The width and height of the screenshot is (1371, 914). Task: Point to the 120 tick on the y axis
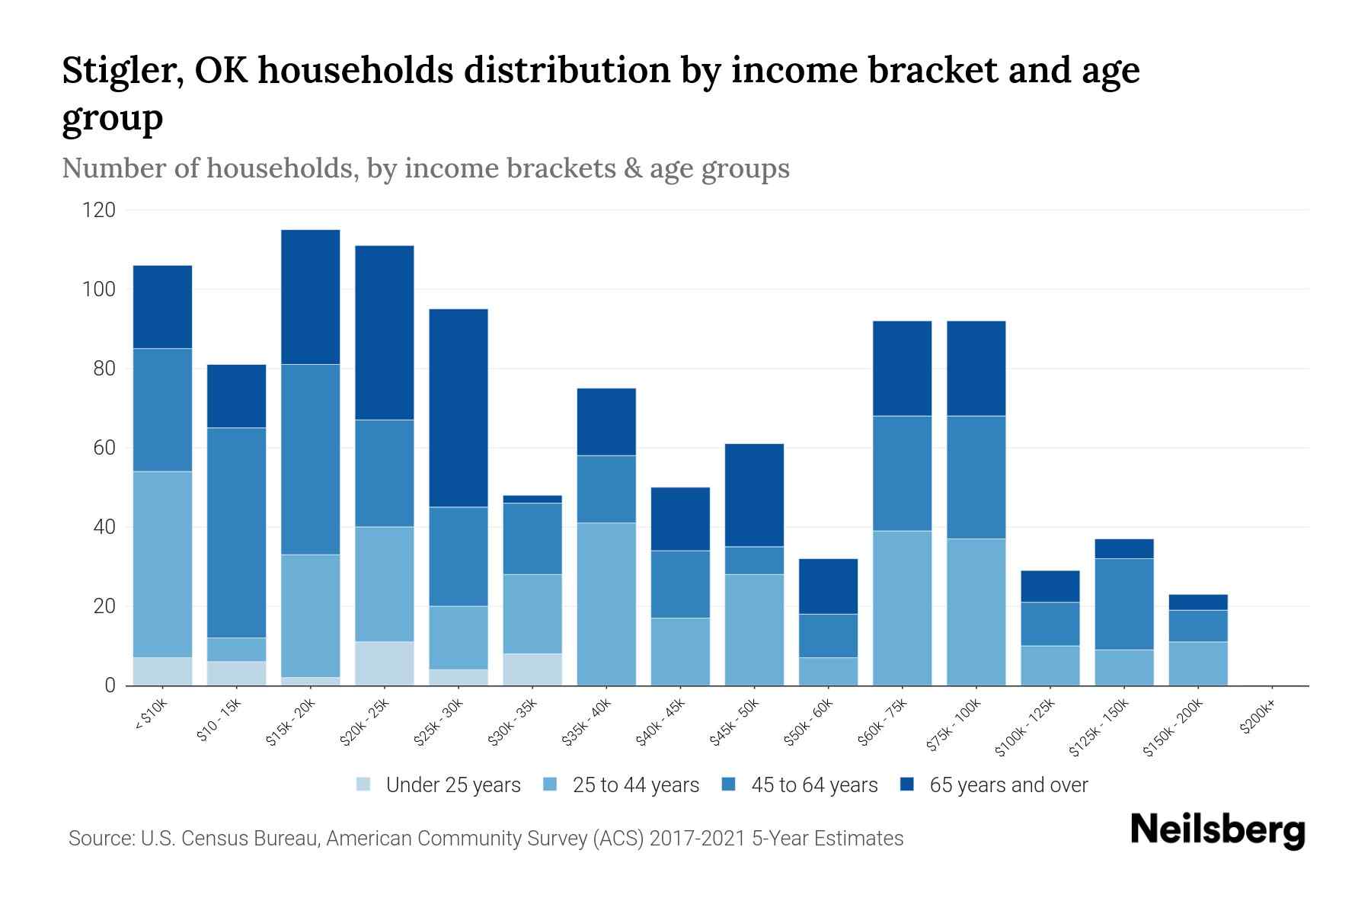(99, 210)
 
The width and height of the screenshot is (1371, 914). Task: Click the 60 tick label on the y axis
(104, 448)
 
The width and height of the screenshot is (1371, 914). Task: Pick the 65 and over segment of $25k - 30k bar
(459, 407)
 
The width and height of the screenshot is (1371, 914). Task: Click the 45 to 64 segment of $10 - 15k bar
(236, 532)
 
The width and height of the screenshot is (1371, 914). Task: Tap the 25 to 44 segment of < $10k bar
(162, 564)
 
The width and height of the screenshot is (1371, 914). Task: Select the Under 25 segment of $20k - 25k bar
(385, 663)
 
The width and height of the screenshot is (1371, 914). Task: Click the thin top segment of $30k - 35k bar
(532, 499)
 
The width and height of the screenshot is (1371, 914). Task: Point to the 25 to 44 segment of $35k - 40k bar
(606, 603)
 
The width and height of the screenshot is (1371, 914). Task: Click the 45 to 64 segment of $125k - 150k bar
(1124, 603)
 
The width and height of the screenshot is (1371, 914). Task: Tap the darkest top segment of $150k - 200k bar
(1198, 602)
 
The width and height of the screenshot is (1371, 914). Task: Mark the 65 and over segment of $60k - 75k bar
(902, 368)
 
